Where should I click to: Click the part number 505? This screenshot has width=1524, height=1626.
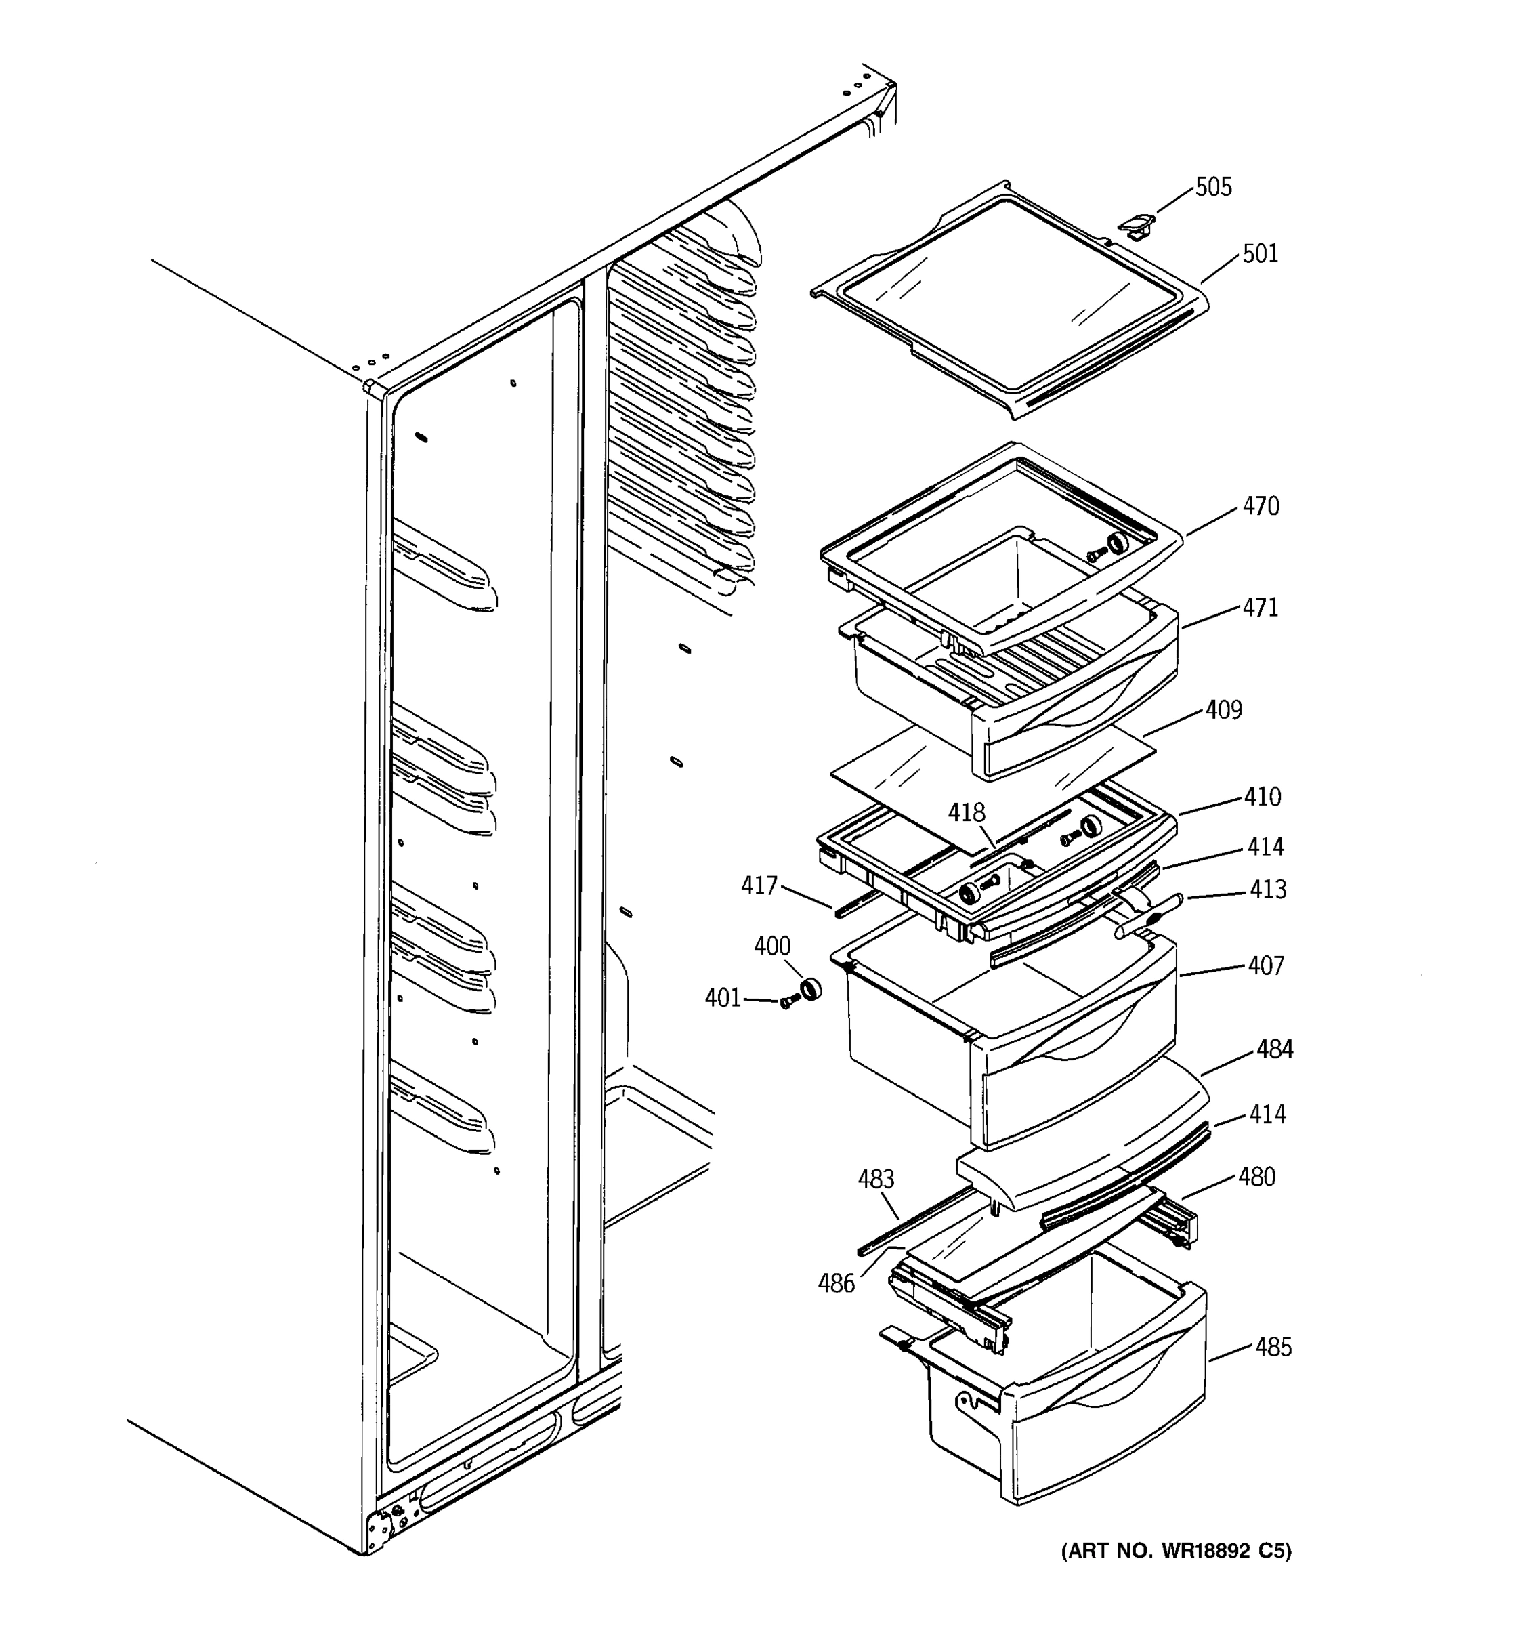click(1212, 187)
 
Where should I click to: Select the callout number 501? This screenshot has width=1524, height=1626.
click(1260, 254)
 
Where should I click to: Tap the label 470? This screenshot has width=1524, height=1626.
click(1260, 507)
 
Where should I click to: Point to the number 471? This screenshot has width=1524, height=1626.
click(1260, 608)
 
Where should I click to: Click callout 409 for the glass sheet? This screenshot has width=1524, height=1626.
click(1223, 710)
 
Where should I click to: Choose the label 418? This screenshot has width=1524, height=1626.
click(967, 813)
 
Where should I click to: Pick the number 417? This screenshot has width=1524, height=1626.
click(759, 885)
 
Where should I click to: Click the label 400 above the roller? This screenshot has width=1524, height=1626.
click(771, 946)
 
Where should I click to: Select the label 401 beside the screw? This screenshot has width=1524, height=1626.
click(723, 999)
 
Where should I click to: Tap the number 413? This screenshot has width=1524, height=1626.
click(1267, 890)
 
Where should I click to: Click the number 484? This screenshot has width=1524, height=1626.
click(1275, 1049)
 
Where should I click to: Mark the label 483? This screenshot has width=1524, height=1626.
click(876, 1180)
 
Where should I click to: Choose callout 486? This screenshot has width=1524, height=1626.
click(837, 1283)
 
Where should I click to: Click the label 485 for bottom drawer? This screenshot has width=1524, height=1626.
click(1273, 1347)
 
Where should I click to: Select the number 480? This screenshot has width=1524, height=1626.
click(1256, 1177)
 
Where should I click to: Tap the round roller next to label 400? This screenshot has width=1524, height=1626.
click(809, 989)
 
